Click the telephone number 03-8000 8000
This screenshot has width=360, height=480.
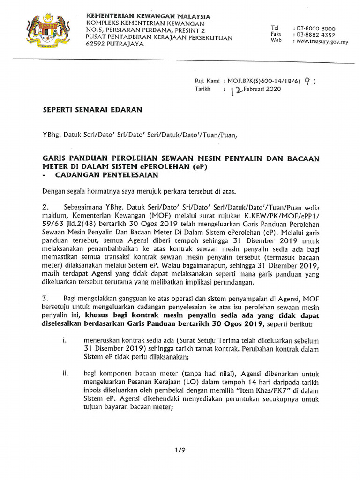click(x=314, y=28)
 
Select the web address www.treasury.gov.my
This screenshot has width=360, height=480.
click(x=320, y=41)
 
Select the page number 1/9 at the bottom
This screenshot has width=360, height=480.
click(x=180, y=450)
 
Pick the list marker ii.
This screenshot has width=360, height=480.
click(x=65, y=374)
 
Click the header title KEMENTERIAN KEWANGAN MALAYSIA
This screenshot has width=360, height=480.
click(x=148, y=16)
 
